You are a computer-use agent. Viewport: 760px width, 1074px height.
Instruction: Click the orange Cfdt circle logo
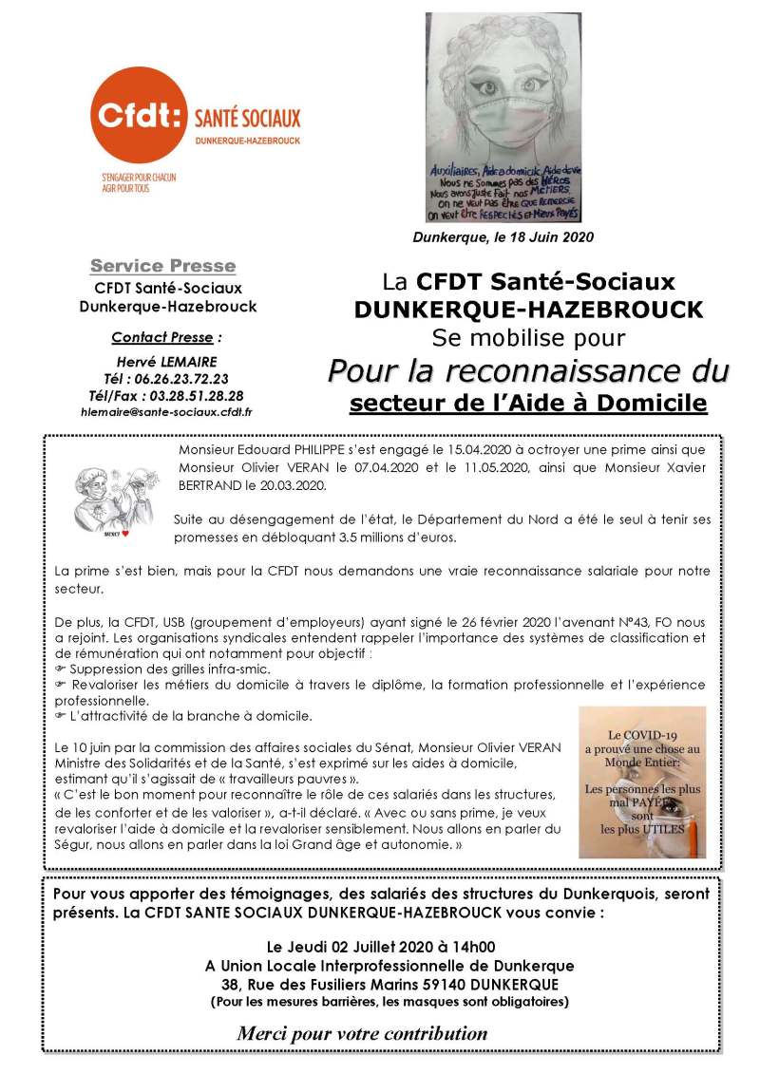[x=142, y=118]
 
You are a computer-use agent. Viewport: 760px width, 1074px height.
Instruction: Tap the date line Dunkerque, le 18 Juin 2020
[x=503, y=236]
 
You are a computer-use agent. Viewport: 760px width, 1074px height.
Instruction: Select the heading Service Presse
[x=162, y=266]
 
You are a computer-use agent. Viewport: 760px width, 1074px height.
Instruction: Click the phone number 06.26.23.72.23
[x=179, y=377]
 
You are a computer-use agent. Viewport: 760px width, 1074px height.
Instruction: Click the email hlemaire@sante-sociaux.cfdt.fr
[x=167, y=412]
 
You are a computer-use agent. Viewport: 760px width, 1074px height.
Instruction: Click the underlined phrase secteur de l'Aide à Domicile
[x=528, y=404]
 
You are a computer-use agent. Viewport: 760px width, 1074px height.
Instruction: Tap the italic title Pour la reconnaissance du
[x=528, y=369]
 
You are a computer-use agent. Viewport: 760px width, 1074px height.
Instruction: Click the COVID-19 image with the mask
[x=642, y=782]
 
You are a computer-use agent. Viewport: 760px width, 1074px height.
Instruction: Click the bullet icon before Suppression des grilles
[x=60, y=669]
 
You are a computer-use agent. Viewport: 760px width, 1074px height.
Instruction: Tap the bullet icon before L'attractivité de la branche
[x=60, y=715]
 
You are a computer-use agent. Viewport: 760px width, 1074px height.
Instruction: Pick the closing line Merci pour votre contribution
[x=362, y=1033]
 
